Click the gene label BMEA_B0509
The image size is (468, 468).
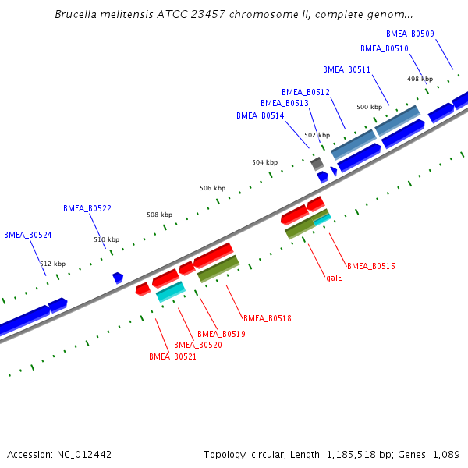pos(410,34)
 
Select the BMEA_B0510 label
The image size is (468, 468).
pos(385,48)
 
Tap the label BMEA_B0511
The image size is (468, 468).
pos(346,69)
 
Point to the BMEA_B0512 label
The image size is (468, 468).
pos(306,92)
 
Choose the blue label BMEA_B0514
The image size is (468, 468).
pos(261,115)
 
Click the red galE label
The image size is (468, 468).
pos(334,277)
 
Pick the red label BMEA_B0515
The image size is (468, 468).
pos(370,266)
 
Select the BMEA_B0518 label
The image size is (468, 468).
pos(268,318)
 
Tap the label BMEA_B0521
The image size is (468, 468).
pos(172,356)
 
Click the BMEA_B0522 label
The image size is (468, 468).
pos(87,208)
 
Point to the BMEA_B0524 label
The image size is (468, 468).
pos(28,235)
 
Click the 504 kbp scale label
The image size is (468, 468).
pos(264,162)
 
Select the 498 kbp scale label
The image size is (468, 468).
pos(420,79)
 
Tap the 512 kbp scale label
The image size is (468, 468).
pos(53,264)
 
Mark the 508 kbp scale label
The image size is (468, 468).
pos(159,214)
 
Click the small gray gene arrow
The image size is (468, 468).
pos(317,163)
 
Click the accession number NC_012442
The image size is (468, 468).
pos(84,454)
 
